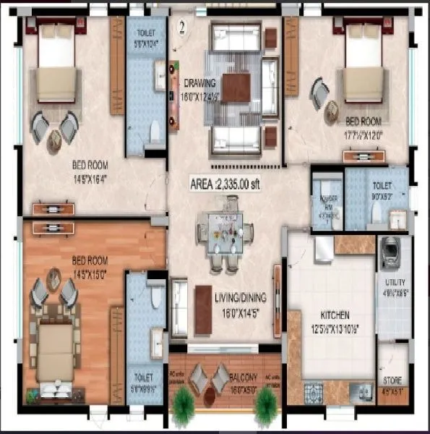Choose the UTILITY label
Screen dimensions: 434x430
click(x=395, y=281)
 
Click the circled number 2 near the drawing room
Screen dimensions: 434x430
click(x=183, y=28)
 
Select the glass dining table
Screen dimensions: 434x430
click(x=225, y=234)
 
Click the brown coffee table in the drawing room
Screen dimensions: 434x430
click(x=236, y=88)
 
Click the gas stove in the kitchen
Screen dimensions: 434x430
click(x=315, y=392)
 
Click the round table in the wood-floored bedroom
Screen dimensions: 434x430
click(x=54, y=278)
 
